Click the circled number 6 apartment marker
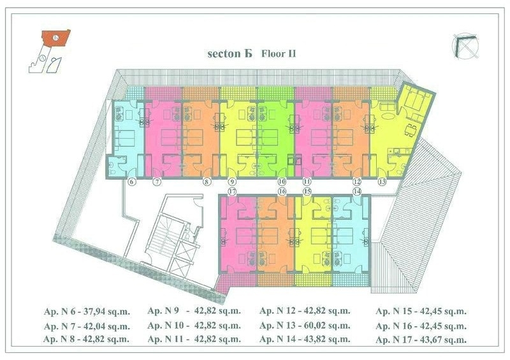pos(132,182)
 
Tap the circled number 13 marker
pos(382,182)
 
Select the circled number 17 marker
pos(232,191)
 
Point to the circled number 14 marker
pos(357,191)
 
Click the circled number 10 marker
pos(282,182)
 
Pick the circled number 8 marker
pos(207,182)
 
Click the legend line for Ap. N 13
pos(305,325)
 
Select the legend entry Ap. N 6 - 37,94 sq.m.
pos(87,311)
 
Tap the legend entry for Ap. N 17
pos(421,340)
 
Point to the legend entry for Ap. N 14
pos(305,339)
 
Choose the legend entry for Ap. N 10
pos(194,325)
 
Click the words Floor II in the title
pos(279,54)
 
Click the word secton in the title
pos(224,54)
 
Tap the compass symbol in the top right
pos(465,46)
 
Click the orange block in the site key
pos(56,38)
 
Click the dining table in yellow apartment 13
pos(411,130)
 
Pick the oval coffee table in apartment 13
pos(387,116)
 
